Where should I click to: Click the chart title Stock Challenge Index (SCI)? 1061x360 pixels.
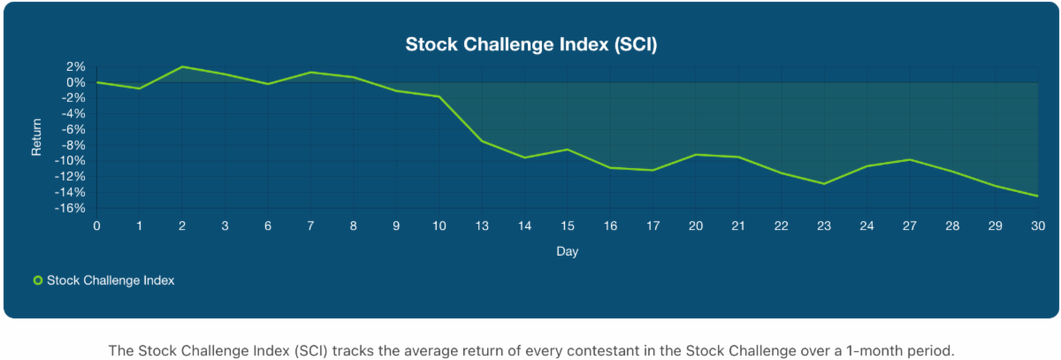pos(530,44)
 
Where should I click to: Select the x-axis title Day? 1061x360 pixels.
pos(567,252)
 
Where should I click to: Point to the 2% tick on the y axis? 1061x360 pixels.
pos(74,66)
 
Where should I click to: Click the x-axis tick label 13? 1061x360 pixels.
pos(482,226)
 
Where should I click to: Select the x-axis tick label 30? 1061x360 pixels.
pos(1037,226)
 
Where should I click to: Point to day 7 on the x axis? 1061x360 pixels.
pos(310,226)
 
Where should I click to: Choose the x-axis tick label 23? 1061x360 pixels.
pos(823,226)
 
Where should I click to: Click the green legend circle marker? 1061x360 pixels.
pos(38,280)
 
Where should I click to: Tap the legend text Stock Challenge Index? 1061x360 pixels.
pos(111,280)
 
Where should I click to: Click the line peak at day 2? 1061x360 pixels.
pos(182,66)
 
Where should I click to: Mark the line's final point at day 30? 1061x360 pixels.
pos(1037,195)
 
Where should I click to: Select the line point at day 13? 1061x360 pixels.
pos(482,142)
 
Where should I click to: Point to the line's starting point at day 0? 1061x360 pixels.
pos(96,82)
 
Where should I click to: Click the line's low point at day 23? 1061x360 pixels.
pos(823,184)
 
